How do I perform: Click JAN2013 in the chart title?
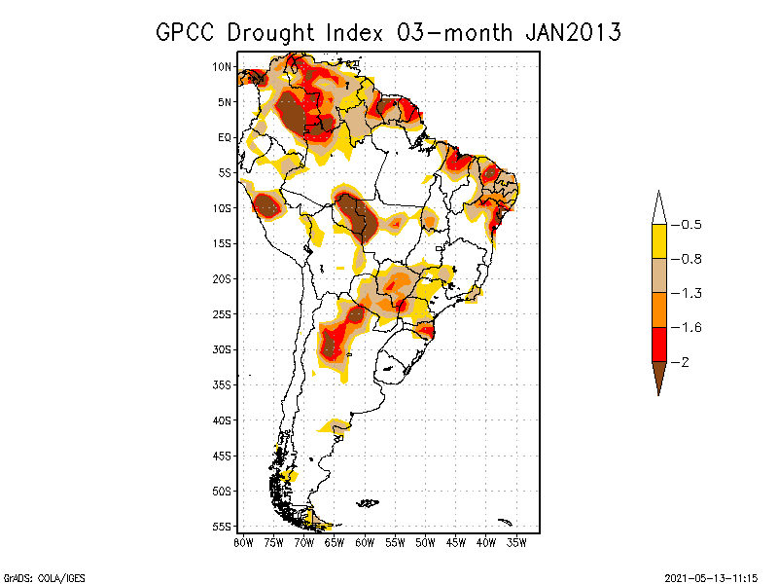pos(573,32)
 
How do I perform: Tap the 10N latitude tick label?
pos(222,66)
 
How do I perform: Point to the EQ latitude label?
pos(224,137)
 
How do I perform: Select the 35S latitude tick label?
pos(222,384)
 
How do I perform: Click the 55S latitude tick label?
pos(222,527)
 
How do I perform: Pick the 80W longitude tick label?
pos(243,542)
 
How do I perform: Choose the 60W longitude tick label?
pos(366,542)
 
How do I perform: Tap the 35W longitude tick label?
pos(518,542)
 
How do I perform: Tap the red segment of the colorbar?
pos(658,344)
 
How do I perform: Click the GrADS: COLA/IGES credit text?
pos(35,576)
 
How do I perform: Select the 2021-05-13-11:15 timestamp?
pos(712,576)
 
